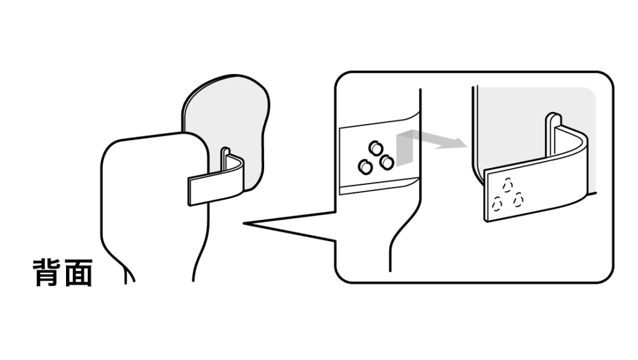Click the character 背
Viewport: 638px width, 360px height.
[47, 273]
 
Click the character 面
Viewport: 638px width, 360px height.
[78, 273]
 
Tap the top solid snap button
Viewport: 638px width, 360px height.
[376, 148]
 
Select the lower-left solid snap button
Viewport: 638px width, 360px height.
[365, 167]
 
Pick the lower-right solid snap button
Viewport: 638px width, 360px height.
[386, 163]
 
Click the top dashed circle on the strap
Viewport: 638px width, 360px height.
[507, 186]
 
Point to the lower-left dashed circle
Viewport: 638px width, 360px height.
[497, 204]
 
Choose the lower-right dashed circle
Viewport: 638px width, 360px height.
[518, 200]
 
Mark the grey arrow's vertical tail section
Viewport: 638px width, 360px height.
[404, 149]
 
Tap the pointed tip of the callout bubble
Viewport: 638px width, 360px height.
[244, 224]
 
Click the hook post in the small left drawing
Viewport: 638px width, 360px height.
[225, 158]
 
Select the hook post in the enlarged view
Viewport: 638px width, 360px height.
[553, 135]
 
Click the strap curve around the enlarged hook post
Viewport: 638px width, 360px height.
[573, 146]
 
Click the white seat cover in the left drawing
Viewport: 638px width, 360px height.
[155, 204]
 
